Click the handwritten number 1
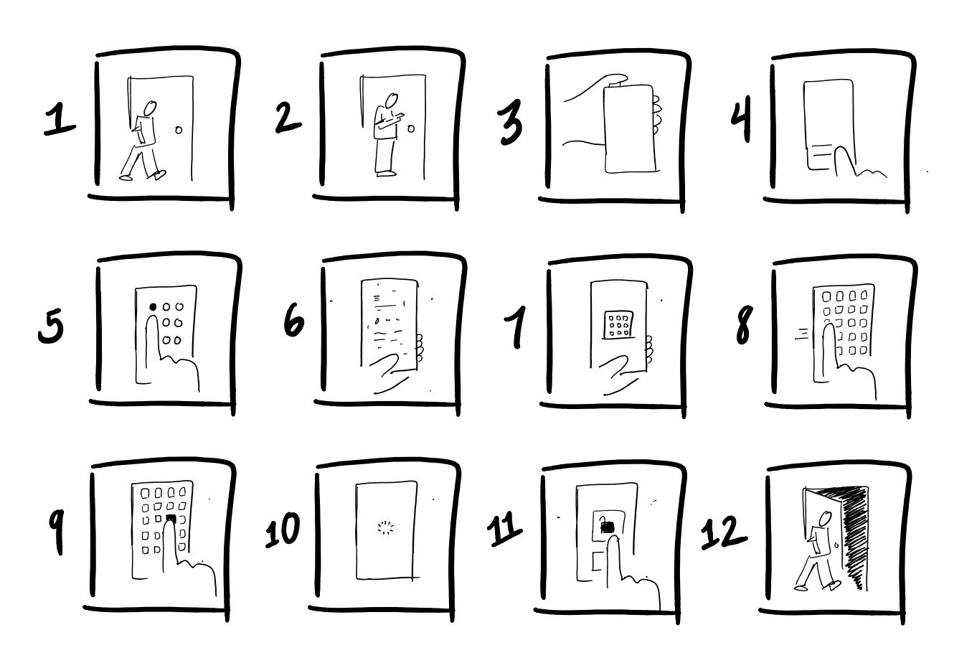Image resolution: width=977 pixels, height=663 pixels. click(x=60, y=118)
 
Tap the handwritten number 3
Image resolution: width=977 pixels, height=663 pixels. click(x=511, y=123)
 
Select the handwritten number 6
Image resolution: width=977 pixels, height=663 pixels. click(x=294, y=321)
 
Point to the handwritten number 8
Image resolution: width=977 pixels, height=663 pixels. click(x=744, y=325)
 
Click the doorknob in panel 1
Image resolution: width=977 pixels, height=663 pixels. click(x=179, y=130)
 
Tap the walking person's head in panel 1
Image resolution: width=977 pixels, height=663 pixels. click(x=151, y=108)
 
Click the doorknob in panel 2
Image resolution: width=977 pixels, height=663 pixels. click(x=411, y=128)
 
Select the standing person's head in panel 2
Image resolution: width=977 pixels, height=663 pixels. click(x=391, y=100)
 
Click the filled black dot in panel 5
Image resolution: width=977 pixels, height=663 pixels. click(x=153, y=307)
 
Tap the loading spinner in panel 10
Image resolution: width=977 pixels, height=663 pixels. click(x=385, y=528)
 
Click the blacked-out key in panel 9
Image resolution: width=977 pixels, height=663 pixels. click(x=171, y=518)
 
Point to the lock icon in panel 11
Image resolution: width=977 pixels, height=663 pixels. click(x=607, y=525)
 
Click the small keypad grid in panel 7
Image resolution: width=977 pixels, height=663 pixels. click(x=618, y=324)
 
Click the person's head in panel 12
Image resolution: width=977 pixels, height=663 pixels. click(x=825, y=519)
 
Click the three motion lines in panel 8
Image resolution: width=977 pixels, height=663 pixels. click(x=802, y=333)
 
